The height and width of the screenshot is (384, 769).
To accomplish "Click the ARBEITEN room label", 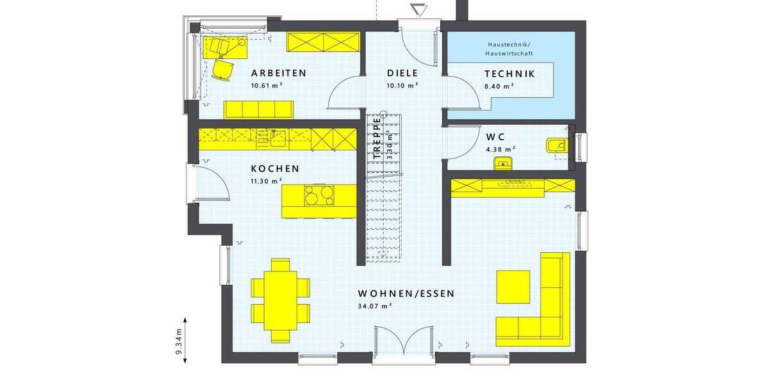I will (x=278, y=73).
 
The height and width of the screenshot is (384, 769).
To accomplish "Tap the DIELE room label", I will (x=402, y=73).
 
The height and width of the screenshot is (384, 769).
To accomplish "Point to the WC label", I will (x=495, y=136).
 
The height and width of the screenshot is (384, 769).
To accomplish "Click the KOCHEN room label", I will (x=275, y=169).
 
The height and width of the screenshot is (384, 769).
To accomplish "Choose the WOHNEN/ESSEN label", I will (x=406, y=294).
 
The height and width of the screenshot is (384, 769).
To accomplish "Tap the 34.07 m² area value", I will (x=375, y=306).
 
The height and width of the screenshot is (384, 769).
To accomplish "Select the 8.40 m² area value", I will (x=500, y=85).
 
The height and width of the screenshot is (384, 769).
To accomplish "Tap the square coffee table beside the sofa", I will (x=513, y=286).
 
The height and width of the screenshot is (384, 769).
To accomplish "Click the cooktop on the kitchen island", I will (x=318, y=195).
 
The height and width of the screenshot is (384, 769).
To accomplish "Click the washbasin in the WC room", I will (x=504, y=163).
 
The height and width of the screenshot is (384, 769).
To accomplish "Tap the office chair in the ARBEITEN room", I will (x=223, y=69).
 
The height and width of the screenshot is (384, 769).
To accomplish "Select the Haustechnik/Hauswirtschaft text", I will (x=509, y=48).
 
